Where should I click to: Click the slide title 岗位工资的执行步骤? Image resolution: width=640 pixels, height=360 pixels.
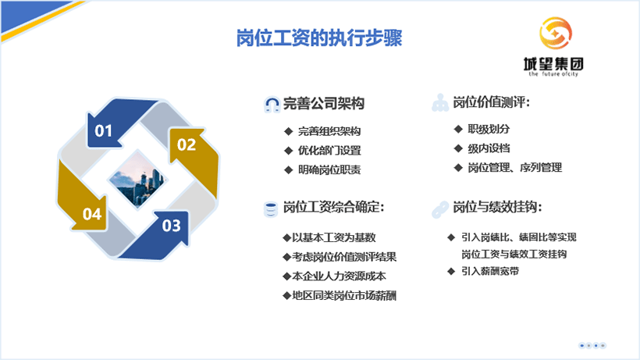319,38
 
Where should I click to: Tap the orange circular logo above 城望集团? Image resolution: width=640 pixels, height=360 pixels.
555,33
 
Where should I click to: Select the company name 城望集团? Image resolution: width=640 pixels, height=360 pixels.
553,64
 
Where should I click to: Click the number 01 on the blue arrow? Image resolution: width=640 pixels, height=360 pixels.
103,130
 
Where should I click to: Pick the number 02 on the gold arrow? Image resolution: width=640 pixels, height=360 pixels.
187,144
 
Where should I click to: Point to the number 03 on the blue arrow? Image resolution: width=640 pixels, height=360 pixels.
172,226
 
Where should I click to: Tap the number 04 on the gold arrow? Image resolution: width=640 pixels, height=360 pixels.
92,214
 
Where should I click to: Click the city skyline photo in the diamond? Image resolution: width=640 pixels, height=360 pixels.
137,180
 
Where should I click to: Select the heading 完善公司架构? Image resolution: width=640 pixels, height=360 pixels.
324,103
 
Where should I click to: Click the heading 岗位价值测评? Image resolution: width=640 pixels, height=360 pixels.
491,102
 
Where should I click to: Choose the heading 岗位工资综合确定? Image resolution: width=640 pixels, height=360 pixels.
334,208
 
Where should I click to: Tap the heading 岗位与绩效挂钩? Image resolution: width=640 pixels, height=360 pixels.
497,208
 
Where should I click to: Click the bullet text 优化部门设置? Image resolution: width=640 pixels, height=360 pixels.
329,151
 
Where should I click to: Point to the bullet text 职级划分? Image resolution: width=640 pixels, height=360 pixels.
489,129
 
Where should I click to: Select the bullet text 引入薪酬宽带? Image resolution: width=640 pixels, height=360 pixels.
490,271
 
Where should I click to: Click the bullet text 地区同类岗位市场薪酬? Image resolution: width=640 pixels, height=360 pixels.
344,295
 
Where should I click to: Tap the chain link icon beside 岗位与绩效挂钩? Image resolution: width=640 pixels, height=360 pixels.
440,210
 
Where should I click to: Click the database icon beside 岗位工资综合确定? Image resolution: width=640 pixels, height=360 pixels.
270,210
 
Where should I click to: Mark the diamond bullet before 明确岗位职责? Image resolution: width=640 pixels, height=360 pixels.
289,169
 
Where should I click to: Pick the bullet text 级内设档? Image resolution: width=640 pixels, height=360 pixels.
489,148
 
